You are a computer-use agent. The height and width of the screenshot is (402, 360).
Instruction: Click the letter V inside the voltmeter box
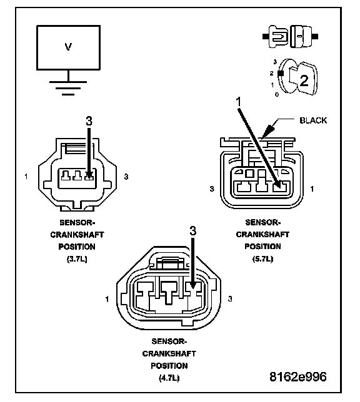tap(68, 47)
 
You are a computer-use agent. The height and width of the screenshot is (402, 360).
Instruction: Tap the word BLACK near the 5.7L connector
tap(313, 120)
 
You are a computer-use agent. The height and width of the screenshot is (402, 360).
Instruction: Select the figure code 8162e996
tap(298, 377)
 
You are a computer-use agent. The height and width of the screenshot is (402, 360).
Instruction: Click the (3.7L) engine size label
tap(77, 259)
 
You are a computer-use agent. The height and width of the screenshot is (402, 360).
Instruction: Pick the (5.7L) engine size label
tap(262, 258)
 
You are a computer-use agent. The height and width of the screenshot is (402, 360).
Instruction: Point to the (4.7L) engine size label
tap(169, 378)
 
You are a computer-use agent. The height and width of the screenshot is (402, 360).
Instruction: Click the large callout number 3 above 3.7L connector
tap(89, 121)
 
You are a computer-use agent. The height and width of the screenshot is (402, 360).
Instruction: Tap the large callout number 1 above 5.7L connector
tap(239, 102)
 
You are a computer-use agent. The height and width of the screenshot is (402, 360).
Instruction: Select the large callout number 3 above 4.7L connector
tap(193, 231)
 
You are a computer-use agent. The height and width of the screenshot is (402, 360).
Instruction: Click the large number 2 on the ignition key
tap(304, 81)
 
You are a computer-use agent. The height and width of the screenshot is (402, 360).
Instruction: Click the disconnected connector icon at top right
tap(290, 36)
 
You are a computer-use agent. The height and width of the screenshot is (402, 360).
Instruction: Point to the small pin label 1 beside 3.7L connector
tap(26, 177)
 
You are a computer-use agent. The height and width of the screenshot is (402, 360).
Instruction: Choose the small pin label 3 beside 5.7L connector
tap(212, 189)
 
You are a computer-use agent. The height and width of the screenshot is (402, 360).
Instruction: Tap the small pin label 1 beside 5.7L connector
tap(312, 189)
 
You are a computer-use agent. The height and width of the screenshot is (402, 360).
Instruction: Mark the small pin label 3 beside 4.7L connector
tap(230, 298)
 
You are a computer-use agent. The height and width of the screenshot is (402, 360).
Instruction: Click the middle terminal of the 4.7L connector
tap(169, 293)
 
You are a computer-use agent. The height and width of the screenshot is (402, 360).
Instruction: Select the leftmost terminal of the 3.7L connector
tap(66, 175)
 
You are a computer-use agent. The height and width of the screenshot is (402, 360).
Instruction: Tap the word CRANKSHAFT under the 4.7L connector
tap(169, 353)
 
